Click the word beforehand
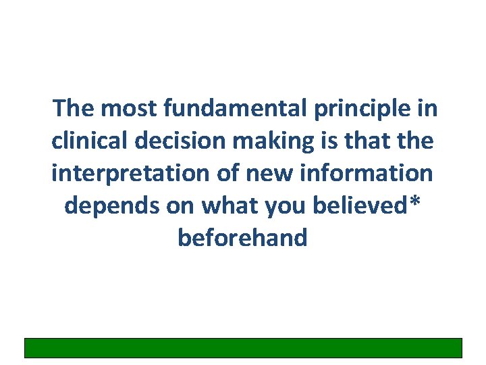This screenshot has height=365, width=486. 243,238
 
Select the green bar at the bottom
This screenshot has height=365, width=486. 243,347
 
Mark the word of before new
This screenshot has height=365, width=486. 225,173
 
